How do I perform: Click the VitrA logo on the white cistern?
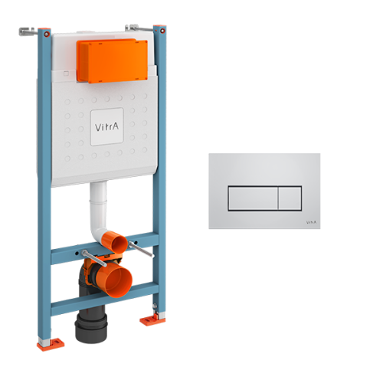coord(106,123)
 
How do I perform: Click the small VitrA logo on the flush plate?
coord(310,221)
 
